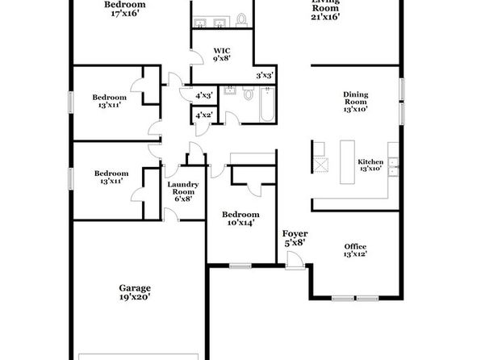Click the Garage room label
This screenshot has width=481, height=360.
[x=135, y=288]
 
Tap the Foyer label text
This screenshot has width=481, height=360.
[x=295, y=234]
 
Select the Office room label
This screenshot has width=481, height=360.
[x=355, y=247]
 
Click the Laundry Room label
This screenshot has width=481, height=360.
[x=183, y=188]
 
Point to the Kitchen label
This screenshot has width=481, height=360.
[x=370, y=161]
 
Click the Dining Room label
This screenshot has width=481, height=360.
[x=356, y=98]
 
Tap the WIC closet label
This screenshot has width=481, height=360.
[x=222, y=51]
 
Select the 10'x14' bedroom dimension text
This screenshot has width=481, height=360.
[x=240, y=223]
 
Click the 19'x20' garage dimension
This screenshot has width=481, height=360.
[x=135, y=297]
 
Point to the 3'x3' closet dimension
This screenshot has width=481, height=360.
[x=265, y=75]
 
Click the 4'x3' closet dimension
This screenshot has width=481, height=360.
[x=204, y=96]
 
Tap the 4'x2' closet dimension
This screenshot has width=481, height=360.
[x=204, y=115]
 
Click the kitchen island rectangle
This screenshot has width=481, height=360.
[x=347, y=162]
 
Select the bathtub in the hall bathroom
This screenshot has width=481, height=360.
[x=267, y=104]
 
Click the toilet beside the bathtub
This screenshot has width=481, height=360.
[x=249, y=93]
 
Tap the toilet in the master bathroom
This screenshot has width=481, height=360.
[x=242, y=19]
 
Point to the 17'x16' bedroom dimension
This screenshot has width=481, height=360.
[x=125, y=14]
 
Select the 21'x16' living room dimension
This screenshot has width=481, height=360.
[x=325, y=17]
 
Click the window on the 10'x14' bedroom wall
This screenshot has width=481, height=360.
[x=240, y=266]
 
